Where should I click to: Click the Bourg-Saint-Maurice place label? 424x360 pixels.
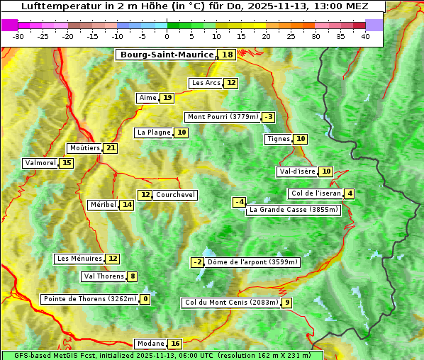(x=167, y=55)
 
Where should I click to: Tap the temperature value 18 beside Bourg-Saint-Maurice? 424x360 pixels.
(x=227, y=55)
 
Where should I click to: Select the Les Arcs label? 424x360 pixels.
(x=206, y=83)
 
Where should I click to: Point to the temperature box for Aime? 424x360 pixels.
(x=167, y=98)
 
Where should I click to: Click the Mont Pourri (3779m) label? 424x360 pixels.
(x=223, y=117)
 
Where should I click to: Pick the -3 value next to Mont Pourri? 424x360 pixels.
(x=268, y=117)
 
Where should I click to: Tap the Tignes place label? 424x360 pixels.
(x=278, y=139)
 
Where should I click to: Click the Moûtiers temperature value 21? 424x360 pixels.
(x=110, y=148)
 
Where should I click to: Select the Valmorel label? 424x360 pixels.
(x=40, y=163)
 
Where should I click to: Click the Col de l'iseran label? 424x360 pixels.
(x=316, y=193)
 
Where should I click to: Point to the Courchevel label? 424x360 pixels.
(x=175, y=195)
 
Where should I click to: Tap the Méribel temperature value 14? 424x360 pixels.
(x=126, y=205)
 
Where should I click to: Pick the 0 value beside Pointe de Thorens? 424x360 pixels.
(x=145, y=299)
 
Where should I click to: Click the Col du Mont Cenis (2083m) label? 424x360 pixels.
(x=230, y=303)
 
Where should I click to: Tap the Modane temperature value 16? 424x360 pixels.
(x=175, y=344)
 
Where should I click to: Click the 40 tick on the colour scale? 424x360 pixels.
(x=365, y=36)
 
